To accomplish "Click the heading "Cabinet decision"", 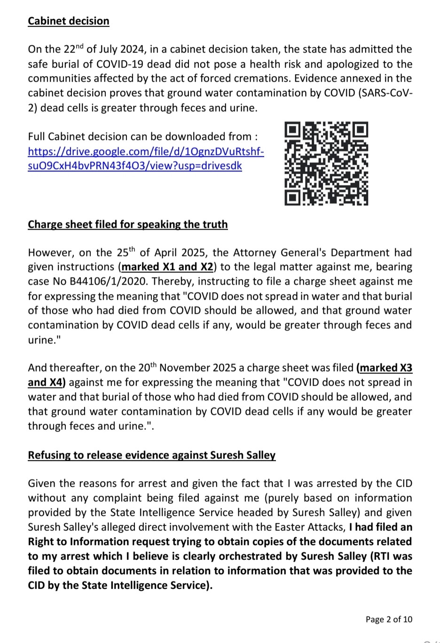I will click(69, 21).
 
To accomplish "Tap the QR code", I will click(326, 163).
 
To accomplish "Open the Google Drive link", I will click(146, 158).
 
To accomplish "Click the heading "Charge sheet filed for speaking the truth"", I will click(127, 225).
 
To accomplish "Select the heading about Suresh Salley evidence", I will click(151, 455).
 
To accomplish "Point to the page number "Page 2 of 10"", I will click(389, 619).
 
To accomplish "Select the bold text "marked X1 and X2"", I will click(167, 267).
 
